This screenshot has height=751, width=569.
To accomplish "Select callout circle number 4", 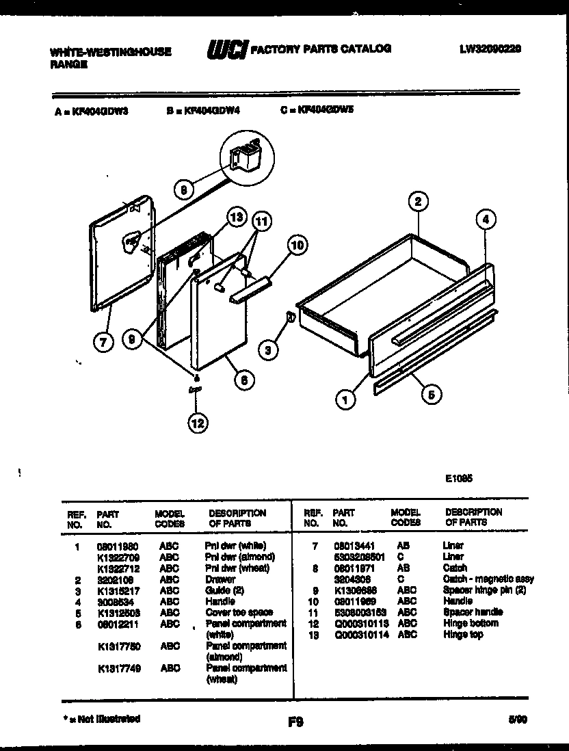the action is [x=484, y=220].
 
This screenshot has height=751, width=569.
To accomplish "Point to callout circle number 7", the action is [x=103, y=343].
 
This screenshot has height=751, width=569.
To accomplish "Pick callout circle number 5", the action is [x=431, y=393].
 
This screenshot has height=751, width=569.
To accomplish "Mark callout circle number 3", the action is [x=269, y=351].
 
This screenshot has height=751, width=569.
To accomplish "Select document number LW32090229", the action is [x=491, y=49].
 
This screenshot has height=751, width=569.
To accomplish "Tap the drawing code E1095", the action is [x=458, y=479].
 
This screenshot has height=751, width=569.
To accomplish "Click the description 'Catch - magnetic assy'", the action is [x=488, y=579].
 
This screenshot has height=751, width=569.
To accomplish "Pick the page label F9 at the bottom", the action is [x=295, y=721].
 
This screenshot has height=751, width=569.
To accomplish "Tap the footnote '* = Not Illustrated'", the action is [x=101, y=719].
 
